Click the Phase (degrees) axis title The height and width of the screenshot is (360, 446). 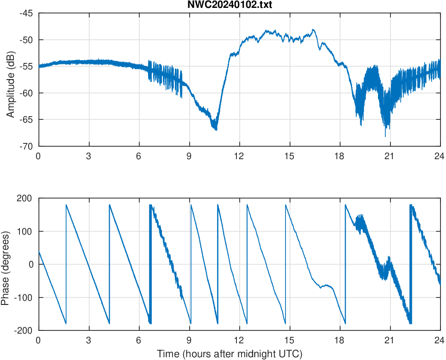(6, 264)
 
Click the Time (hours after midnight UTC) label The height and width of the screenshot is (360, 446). (229, 354)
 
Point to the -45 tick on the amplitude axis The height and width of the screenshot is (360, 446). (26, 13)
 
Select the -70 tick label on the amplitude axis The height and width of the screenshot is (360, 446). (26, 146)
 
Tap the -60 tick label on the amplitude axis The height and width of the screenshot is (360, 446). (26, 93)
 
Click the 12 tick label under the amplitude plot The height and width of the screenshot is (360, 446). (239, 156)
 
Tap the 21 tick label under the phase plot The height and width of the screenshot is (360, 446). (390, 340)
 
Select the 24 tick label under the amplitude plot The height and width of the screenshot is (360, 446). (440, 156)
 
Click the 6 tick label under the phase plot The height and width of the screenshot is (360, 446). (139, 340)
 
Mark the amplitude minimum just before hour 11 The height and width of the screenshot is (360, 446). (216, 130)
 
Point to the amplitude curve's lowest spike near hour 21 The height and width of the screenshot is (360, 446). (385, 136)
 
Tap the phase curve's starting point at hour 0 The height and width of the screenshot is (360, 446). (39, 252)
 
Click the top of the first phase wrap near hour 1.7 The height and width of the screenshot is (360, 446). (66, 205)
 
